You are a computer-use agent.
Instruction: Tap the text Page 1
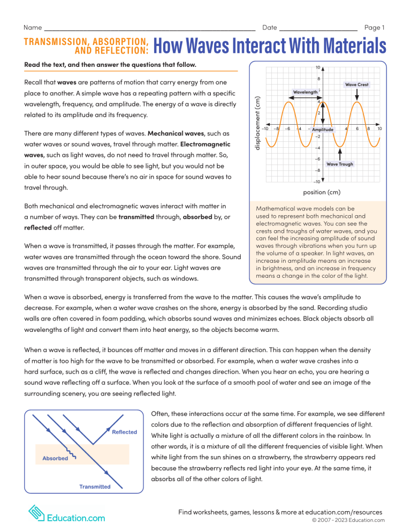tap(374, 27)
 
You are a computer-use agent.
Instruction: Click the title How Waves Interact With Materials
tap(269, 47)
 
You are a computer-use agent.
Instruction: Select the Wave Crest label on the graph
tap(356, 85)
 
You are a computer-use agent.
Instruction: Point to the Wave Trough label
tap(340, 164)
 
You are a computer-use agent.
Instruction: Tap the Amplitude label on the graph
tap(323, 130)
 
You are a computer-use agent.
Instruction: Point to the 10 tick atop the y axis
tap(318, 68)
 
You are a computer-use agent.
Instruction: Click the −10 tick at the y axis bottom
tap(317, 182)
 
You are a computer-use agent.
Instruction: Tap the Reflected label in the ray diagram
tap(124, 431)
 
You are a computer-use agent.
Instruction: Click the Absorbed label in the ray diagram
tap(55, 458)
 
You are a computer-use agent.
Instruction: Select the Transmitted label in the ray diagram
tap(95, 487)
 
